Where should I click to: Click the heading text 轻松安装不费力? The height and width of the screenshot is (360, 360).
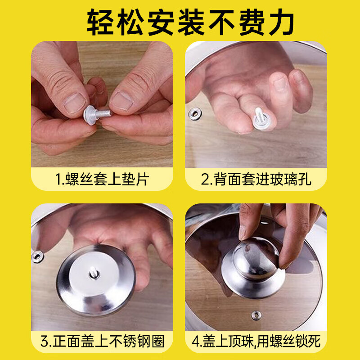[x=180, y=22]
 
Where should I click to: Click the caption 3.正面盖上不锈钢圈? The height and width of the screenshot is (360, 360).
[x=102, y=341]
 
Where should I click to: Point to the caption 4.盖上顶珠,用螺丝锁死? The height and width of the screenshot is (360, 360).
[x=256, y=341]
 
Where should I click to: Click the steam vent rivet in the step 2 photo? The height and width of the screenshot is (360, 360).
[x=195, y=114]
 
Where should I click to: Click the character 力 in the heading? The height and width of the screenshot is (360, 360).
[x=281, y=22]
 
